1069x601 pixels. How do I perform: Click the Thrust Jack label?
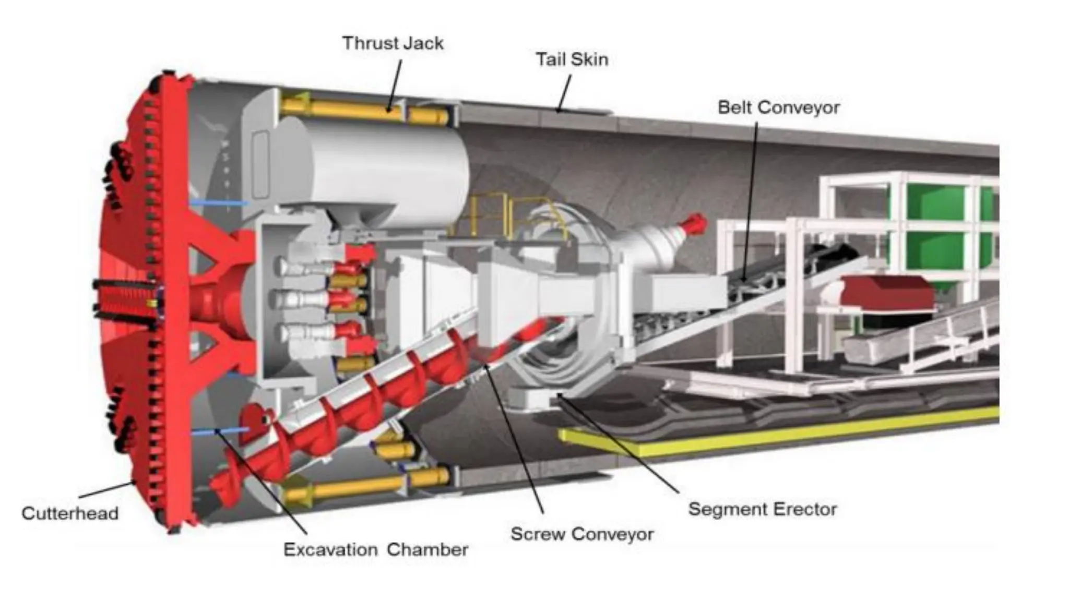click(x=393, y=43)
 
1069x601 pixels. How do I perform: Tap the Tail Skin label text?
click(x=572, y=59)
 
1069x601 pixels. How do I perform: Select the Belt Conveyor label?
click(x=778, y=107)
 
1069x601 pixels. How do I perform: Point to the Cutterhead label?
click(x=70, y=513)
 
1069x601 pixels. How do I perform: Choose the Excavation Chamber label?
click(x=375, y=550)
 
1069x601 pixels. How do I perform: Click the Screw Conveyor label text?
click(x=581, y=534)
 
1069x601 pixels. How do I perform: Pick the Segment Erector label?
click(x=762, y=509)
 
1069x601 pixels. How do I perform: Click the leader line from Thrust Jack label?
click(x=395, y=83)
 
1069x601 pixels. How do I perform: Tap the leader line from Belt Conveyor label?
click(x=750, y=198)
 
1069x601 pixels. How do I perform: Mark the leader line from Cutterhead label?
click(x=107, y=489)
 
